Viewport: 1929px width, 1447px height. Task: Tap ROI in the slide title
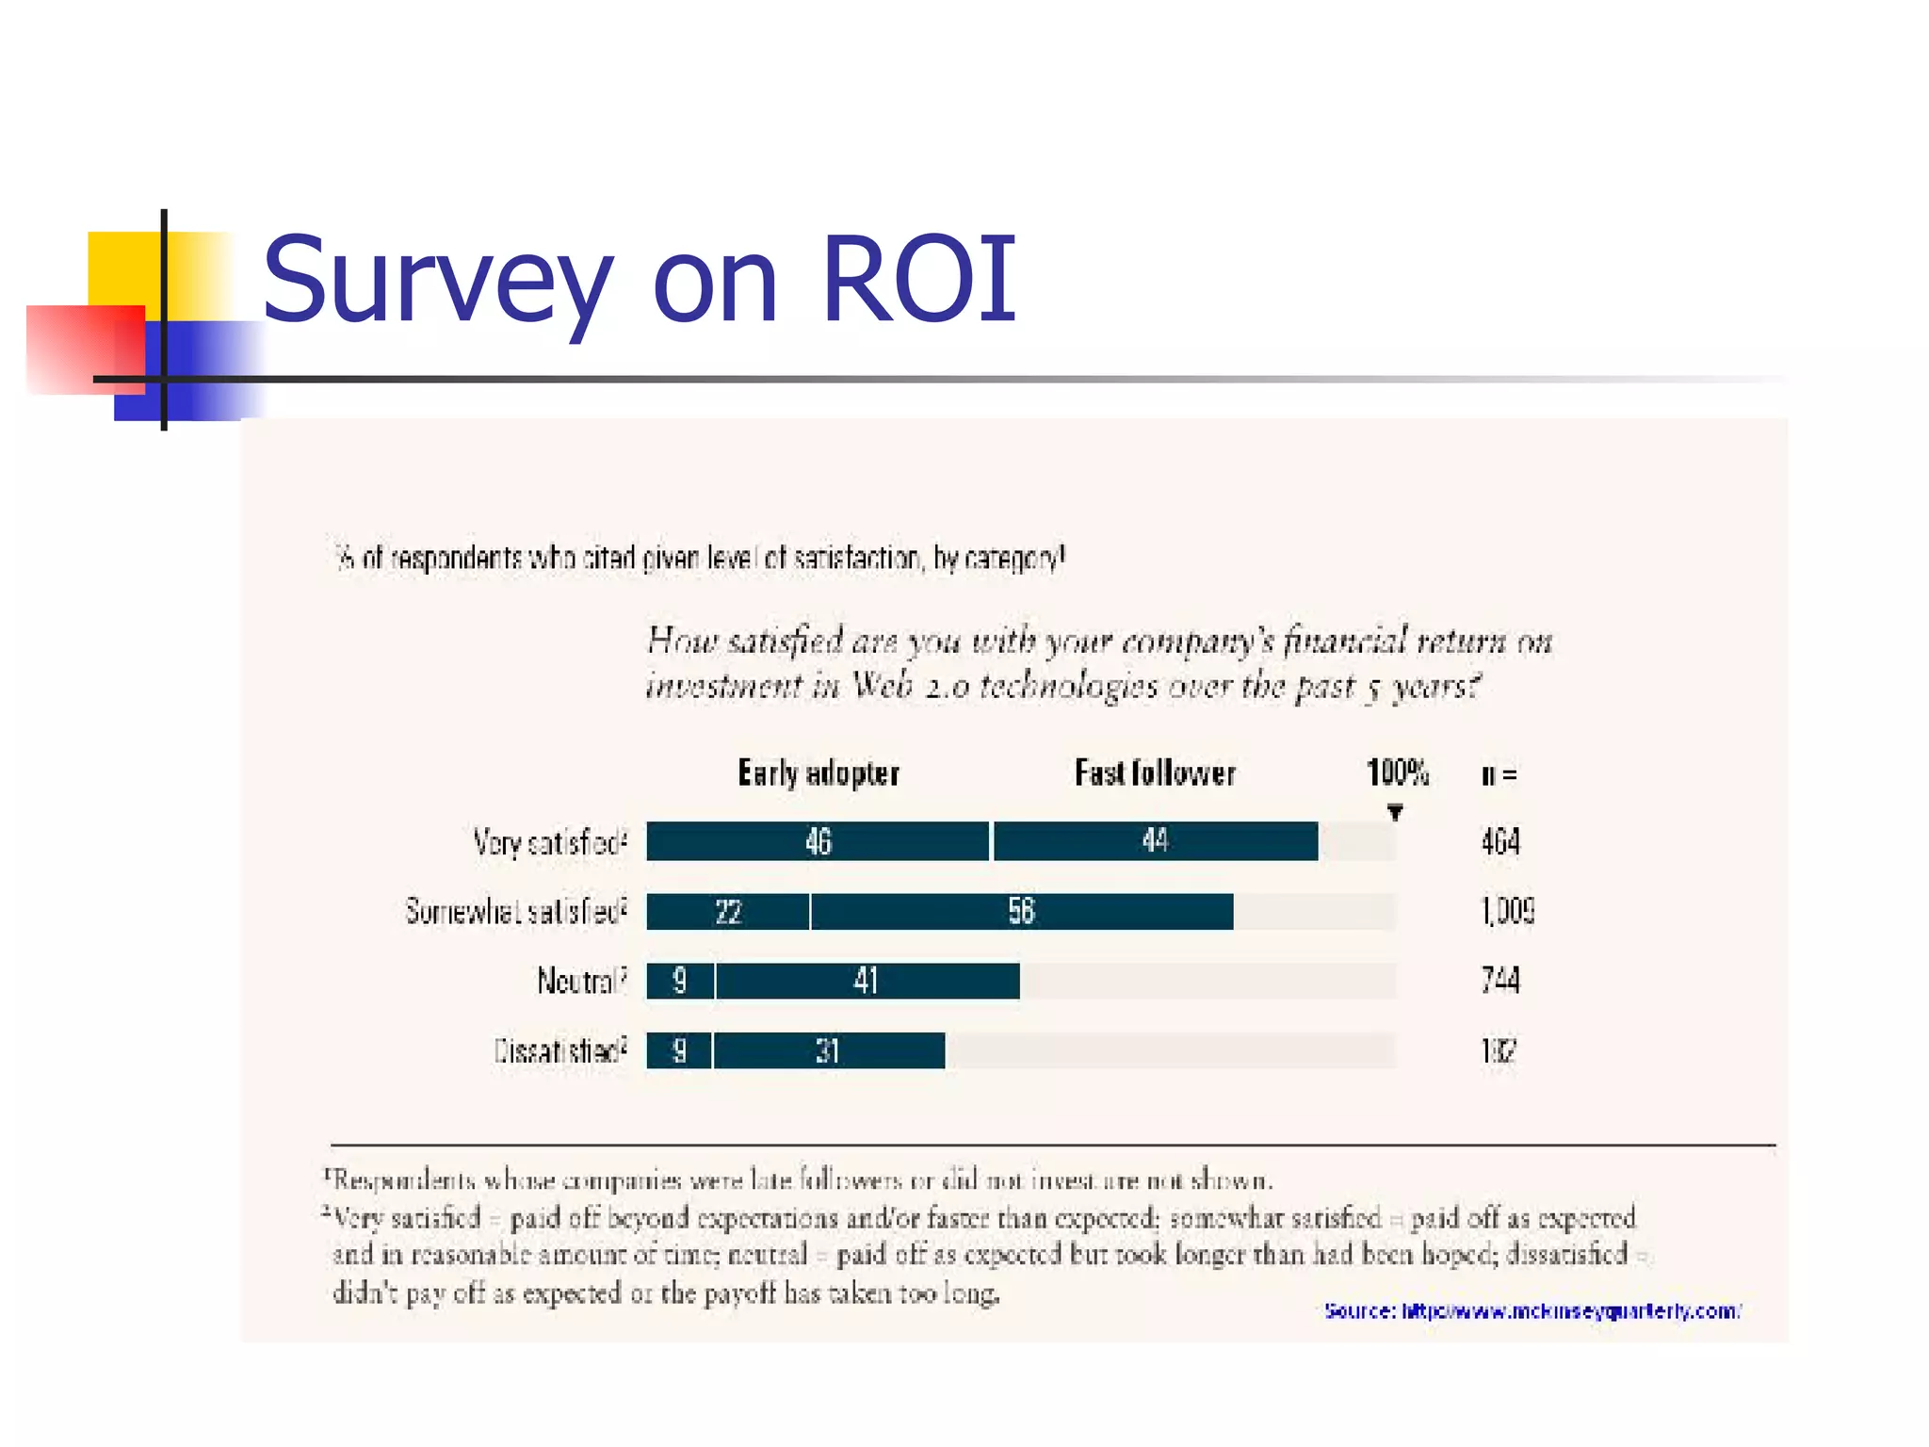pos(918,279)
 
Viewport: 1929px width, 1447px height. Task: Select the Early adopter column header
pos(819,773)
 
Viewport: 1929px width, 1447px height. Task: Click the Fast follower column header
pos(1155,773)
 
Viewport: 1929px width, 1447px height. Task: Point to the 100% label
pos(1397,773)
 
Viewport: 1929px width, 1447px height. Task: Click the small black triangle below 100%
pos(1395,812)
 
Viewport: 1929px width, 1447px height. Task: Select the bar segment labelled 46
pos(818,841)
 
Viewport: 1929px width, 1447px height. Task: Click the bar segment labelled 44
pos(1155,841)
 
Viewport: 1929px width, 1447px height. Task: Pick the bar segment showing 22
pos(727,912)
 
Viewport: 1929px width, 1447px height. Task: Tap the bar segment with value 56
pos(1022,912)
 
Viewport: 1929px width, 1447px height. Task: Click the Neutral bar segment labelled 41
pos(867,981)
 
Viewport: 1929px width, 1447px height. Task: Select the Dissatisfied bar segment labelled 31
pos(828,1050)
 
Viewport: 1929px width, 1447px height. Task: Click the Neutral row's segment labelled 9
pos(680,981)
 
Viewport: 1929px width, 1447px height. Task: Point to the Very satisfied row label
pos(549,842)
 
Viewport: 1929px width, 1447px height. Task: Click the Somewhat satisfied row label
pos(515,912)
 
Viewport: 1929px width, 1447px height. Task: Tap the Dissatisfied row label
pos(559,1050)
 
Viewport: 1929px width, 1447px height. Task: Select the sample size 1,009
pos(1507,912)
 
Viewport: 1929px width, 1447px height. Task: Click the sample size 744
pos(1500,981)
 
